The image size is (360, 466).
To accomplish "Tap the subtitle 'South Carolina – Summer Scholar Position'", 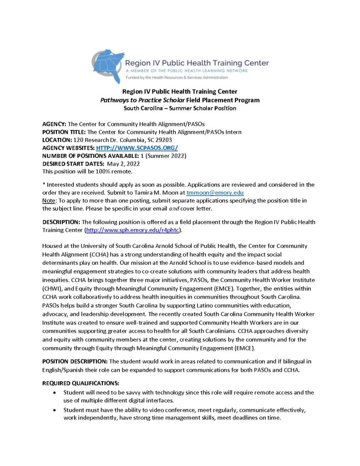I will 180,108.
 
